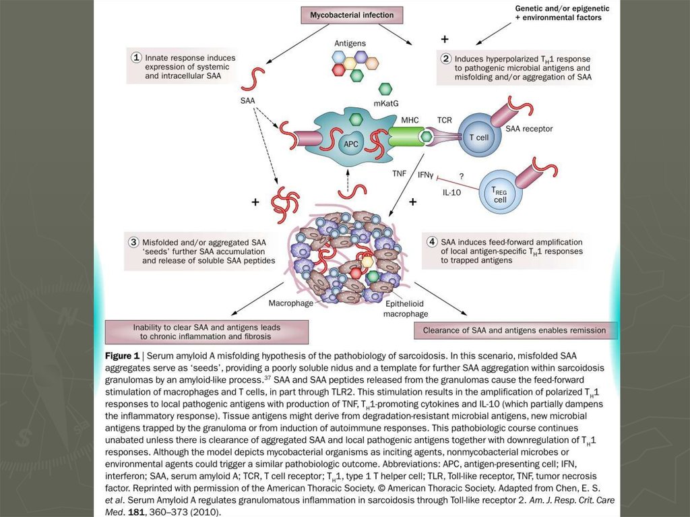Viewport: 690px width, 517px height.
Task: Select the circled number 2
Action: pos(445,59)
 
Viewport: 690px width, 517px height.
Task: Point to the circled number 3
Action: pos(134,241)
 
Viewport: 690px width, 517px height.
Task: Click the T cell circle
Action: pos(478,137)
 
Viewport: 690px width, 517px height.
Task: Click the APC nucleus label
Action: pos(351,143)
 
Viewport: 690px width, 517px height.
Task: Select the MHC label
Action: pos(410,120)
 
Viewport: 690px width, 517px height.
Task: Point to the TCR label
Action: pos(445,120)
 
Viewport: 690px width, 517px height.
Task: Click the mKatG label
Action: pos(385,104)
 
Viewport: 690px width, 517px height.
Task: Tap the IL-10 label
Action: pos(451,193)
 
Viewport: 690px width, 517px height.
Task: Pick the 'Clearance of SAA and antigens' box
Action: pos(514,330)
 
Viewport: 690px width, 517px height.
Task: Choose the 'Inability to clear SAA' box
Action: pos(207,332)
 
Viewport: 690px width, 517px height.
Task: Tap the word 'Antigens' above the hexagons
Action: pos(350,43)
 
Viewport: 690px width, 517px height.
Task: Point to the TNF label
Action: pos(400,173)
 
